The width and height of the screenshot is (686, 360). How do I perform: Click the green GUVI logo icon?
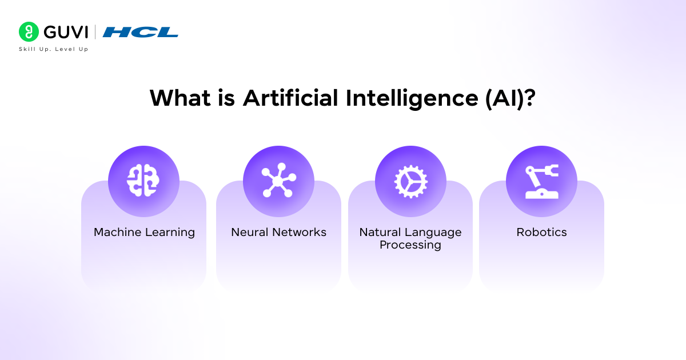pyautogui.click(x=29, y=32)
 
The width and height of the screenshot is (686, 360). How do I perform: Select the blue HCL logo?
pyautogui.click(x=141, y=32)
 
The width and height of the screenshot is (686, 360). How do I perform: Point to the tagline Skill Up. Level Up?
pyautogui.click(x=54, y=49)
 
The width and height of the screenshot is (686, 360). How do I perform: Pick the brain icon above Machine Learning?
pyautogui.click(x=143, y=181)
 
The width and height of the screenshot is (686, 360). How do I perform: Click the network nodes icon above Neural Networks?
pyautogui.click(x=278, y=181)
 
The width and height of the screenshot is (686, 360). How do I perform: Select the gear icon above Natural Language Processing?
pyautogui.click(x=410, y=181)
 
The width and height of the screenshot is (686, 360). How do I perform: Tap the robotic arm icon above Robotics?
pyautogui.click(x=541, y=181)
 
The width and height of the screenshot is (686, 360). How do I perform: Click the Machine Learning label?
pyautogui.click(x=144, y=233)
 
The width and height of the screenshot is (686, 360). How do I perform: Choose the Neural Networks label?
pyautogui.click(x=278, y=233)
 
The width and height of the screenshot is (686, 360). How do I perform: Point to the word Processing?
pyautogui.click(x=410, y=245)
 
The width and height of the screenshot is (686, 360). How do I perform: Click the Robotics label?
pyautogui.click(x=541, y=233)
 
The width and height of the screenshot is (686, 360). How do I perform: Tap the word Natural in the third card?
pyautogui.click(x=380, y=233)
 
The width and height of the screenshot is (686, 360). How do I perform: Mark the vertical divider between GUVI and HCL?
pyautogui.click(x=95, y=32)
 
